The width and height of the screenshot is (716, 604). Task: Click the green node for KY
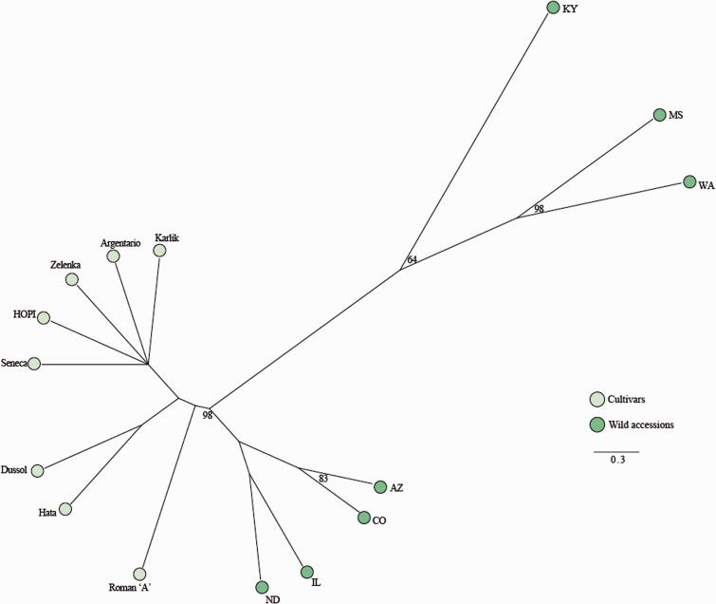pos(553,8)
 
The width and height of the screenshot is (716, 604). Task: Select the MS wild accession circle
pos(660,115)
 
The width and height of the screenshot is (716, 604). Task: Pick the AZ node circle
pos(381,487)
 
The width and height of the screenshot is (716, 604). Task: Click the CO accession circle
pos(363,518)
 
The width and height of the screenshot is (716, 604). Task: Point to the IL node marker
pos(306,572)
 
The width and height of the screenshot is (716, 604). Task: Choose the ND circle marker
pos(263,587)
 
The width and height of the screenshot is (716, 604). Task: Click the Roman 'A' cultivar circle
pos(140,574)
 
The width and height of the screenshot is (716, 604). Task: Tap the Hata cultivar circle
pos(65,509)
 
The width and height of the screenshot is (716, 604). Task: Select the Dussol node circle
pos(38,470)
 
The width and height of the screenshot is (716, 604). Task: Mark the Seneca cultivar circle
pos(34,363)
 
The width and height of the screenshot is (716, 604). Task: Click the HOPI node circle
pos(43,317)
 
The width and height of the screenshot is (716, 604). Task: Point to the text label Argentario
pos(120,243)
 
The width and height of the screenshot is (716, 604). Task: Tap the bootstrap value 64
pos(412,259)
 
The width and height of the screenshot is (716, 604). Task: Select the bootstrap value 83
pos(323,478)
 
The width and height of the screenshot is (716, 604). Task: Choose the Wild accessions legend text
pos(643,425)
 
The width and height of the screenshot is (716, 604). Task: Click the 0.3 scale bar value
pos(616,461)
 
